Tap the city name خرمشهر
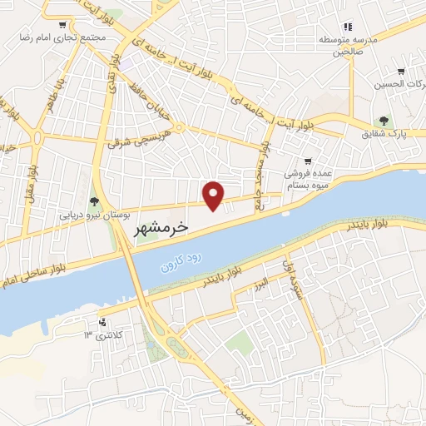point(161,226)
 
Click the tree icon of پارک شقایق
point(384,121)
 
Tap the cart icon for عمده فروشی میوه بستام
point(308,161)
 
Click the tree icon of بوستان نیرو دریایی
point(94,201)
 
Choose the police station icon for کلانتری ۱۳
point(102,322)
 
